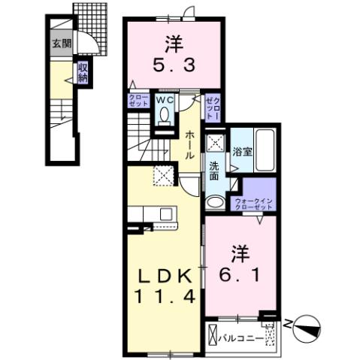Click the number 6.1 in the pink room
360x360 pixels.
pyautogui.click(x=240, y=264)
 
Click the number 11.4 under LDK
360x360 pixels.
pyautogui.click(x=166, y=297)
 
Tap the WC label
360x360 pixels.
pyautogui.click(x=165, y=98)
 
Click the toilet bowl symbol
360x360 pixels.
pyautogui.click(x=165, y=114)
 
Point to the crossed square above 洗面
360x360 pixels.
pyautogui.click(x=216, y=141)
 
